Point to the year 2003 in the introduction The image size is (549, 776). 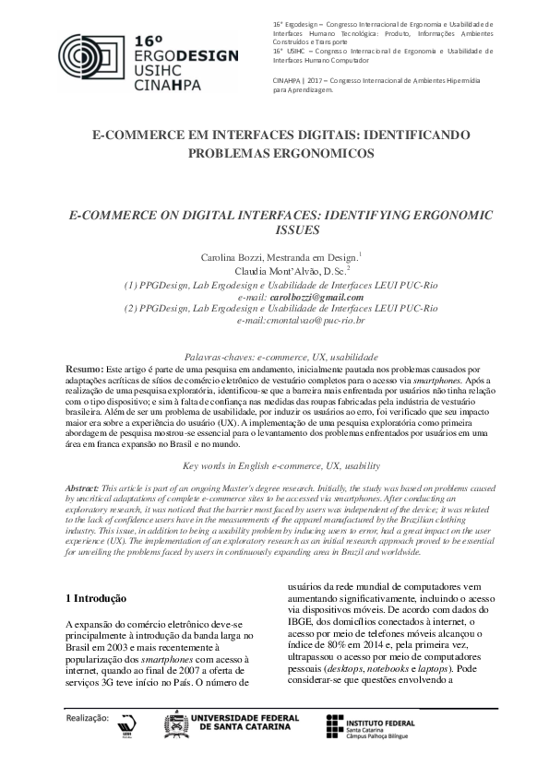[x=121, y=649]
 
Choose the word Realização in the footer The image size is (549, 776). [x=87, y=715]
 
